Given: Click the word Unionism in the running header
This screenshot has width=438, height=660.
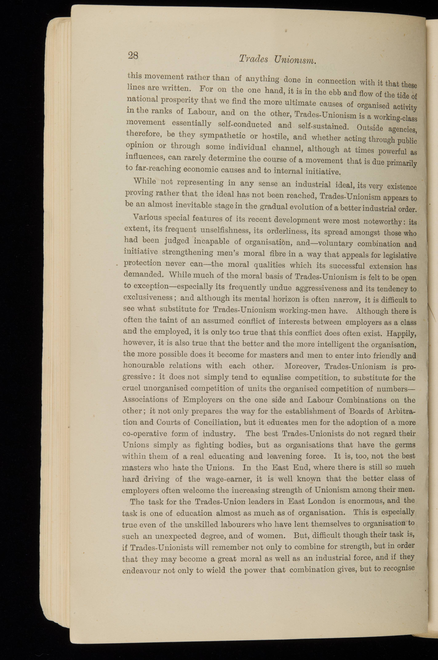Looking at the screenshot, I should [295, 60].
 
